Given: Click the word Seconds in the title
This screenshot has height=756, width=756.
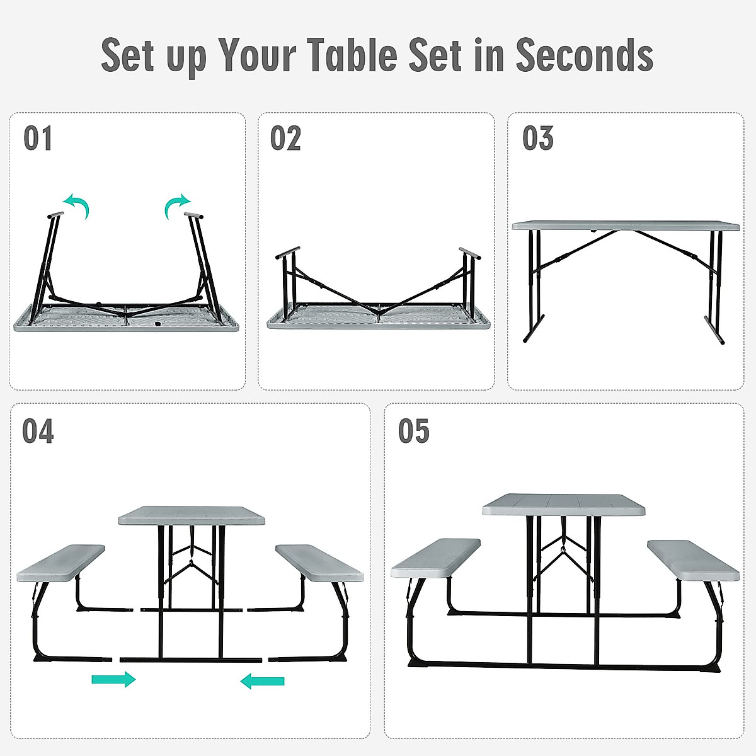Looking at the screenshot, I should pos(584,55).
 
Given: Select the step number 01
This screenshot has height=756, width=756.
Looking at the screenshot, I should pos(38,139).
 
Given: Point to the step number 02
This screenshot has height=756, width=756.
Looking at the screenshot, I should pos(285,139).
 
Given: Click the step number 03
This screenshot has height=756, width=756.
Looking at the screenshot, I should pos(537,139).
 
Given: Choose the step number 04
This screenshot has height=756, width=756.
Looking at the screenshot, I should pos(38,432).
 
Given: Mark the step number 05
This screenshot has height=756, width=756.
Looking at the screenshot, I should pos(413,432).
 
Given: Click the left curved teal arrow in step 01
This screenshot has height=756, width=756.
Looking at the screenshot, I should pos(78,205).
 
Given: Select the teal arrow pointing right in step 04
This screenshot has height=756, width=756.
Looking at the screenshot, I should pos(113,679).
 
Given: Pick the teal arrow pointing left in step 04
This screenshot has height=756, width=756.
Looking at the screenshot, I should pos(263,680).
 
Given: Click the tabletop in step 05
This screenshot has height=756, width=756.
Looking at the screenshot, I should pos(564,504).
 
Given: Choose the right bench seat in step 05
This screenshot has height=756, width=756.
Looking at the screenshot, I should pos(693,559).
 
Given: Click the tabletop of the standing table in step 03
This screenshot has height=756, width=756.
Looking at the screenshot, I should pos(625,225).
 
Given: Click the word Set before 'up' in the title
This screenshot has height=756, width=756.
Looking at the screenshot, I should pos(129,55).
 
